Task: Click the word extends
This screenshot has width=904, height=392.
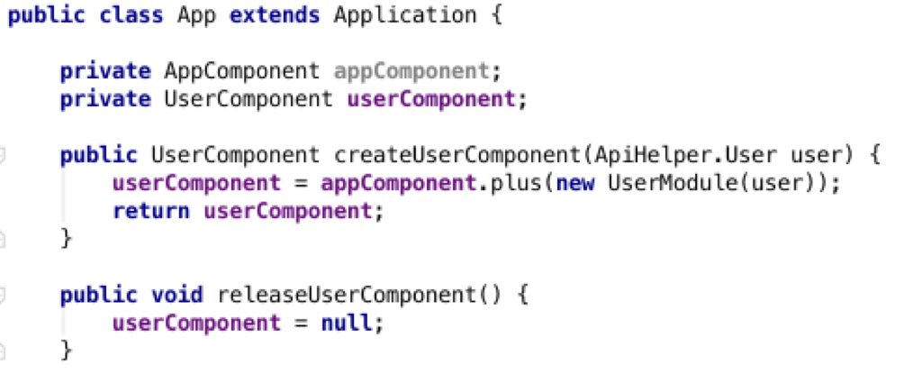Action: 274,15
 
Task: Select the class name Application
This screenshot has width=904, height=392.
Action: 404,15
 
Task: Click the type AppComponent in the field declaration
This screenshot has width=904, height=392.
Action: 241,71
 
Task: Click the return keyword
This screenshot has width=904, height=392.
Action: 151,211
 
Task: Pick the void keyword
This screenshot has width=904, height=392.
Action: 177,295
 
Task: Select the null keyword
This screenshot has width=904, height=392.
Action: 347,324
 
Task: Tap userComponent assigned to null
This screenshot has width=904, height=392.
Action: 196,324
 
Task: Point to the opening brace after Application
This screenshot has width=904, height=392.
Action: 497,15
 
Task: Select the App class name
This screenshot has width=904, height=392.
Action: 196,16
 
